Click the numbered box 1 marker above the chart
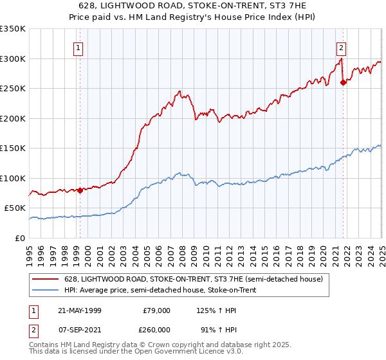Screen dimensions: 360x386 pos(78,47)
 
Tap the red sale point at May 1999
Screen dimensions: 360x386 pos(80,190)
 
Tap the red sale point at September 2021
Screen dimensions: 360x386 pos(343,82)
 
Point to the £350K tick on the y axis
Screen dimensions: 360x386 pos(14,29)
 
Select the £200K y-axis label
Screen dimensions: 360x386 pos(14,118)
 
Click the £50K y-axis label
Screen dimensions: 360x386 pos(15,208)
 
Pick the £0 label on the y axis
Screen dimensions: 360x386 pos(20,238)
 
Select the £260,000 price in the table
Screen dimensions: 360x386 pos(156,329)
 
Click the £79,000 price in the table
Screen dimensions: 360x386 pos(156,310)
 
